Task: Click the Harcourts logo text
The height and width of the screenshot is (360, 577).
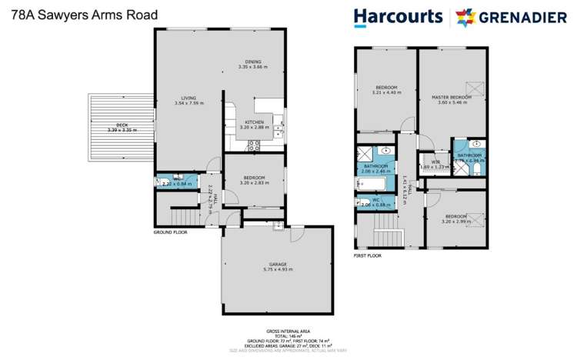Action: (x=397, y=16)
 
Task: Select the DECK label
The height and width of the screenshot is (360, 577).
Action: (x=122, y=125)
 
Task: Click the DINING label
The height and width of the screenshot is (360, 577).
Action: (x=253, y=62)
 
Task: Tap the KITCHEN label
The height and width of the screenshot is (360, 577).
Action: (x=255, y=122)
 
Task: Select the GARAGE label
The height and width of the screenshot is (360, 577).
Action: (x=278, y=263)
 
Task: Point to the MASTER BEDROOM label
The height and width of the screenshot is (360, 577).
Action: (x=451, y=97)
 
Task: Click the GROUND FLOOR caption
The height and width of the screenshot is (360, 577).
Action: (x=170, y=232)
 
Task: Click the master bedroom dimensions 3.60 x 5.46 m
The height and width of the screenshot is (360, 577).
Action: (x=451, y=102)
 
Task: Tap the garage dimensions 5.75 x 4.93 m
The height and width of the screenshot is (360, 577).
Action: (x=278, y=268)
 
